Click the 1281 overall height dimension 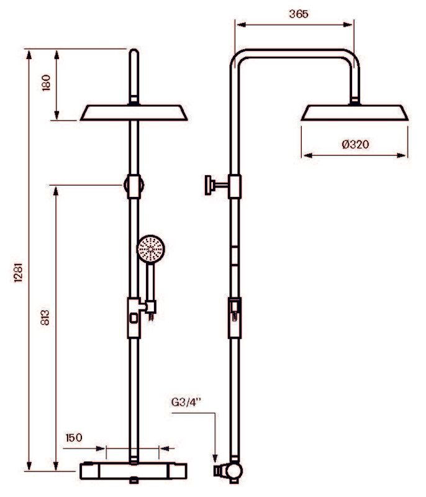pyautogui.click(x=18, y=271)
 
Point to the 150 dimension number pyautogui.click(x=75, y=437)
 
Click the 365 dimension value pyautogui.click(x=298, y=14)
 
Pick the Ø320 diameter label pyautogui.click(x=355, y=145)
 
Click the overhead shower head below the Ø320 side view pyautogui.click(x=355, y=112)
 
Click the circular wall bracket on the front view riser pyautogui.click(x=134, y=185)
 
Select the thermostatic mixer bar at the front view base pyautogui.click(x=134, y=470)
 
